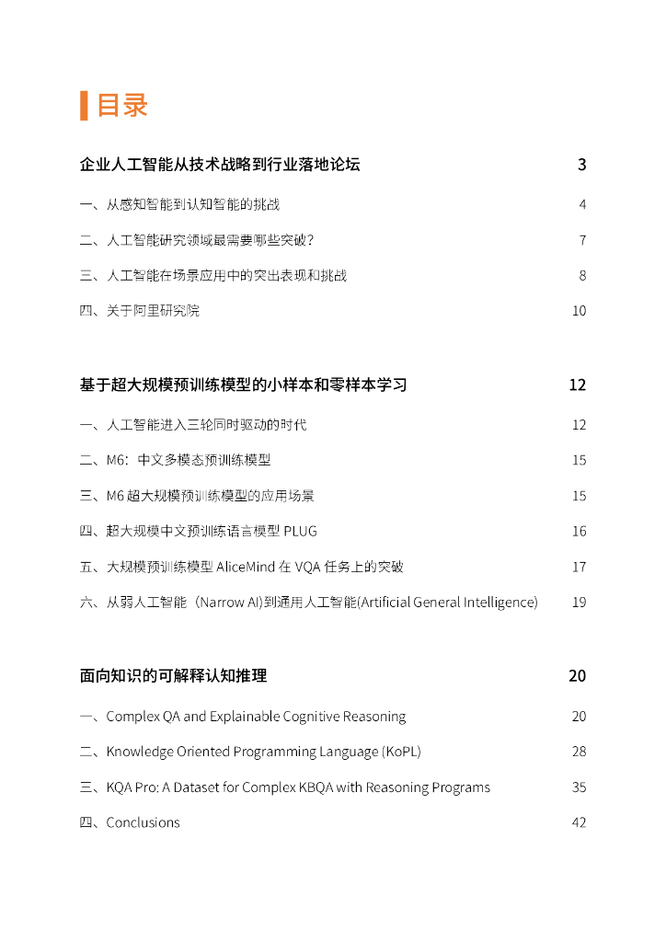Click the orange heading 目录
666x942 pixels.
point(122,105)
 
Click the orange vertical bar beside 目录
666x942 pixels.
point(84,106)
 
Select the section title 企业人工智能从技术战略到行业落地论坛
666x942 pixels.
point(220,166)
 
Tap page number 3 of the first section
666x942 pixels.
point(581,166)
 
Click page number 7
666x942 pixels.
point(582,240)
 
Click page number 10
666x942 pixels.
point(579,311)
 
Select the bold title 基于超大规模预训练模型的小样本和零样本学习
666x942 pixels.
point(243,385)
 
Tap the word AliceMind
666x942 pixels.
point(246,567)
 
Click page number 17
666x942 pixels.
point(579,567)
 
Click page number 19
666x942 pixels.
point(579,603)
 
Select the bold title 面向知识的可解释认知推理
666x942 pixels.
point(173,676)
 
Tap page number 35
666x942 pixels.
point(579,787)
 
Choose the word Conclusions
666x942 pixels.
point(144,822)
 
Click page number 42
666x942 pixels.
point(579,822)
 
